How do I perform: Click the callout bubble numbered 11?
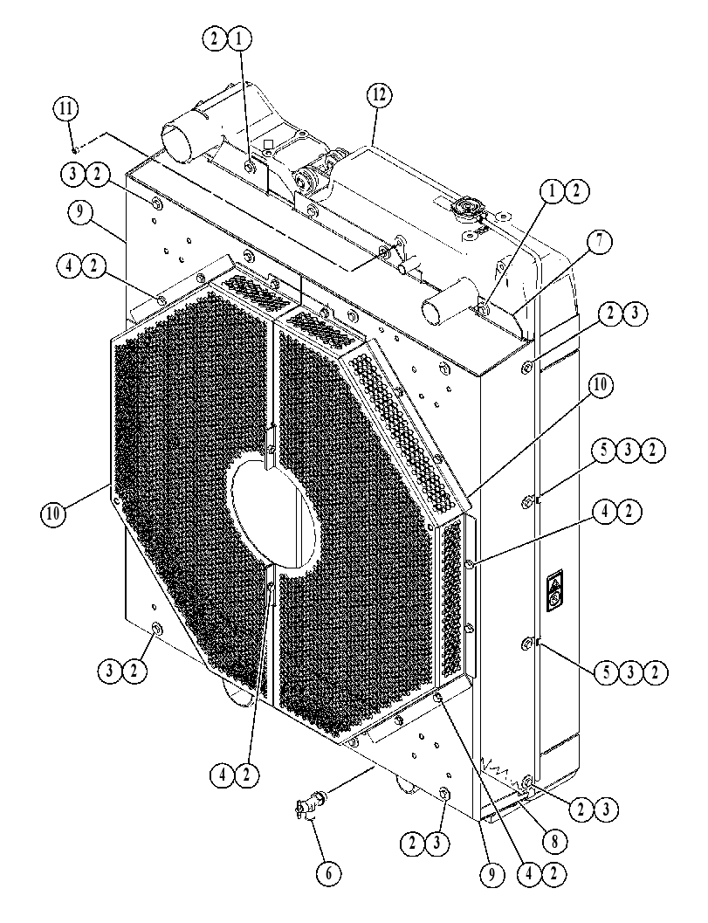pos(66,109)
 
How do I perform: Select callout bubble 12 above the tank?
pos(380,95)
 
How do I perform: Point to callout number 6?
pos(329,873)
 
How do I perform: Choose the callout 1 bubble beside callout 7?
pos(552,190)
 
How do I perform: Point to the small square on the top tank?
pos(269,143)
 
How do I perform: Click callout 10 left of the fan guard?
pos(53,513)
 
